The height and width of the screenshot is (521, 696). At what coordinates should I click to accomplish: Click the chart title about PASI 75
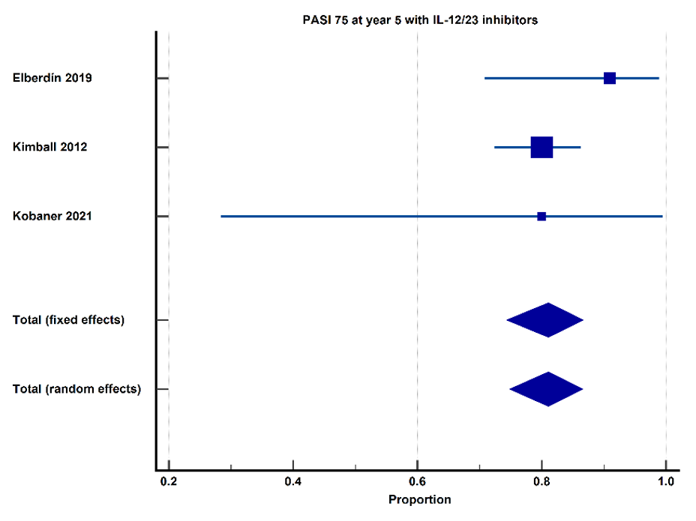click(420, 20)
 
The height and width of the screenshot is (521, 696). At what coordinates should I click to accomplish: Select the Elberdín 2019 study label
click(52, 78)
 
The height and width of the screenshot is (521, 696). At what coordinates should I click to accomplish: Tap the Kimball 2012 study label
click(49, 147)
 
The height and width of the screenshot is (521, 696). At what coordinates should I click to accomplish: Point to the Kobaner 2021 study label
click(52, 216)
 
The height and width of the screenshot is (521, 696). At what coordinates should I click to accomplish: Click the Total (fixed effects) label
click(68, 320)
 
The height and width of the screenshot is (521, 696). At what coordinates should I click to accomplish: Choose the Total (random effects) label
click(76, 389)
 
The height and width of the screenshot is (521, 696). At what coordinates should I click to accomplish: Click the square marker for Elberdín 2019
click(610, 78)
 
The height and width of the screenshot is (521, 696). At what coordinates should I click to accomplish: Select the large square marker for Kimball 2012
click(541, 148)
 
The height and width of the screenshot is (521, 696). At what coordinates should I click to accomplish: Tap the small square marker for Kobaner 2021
click(541, 217)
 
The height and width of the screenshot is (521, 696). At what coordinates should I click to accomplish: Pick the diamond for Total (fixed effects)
click(545, 320)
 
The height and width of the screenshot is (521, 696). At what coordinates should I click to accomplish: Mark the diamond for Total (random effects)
click(547, 389)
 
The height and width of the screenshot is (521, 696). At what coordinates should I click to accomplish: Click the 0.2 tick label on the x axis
click(169, 481)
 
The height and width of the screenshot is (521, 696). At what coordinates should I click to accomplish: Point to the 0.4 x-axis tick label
click(293, 481)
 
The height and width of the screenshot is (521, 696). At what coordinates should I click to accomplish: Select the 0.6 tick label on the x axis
click(417, 481)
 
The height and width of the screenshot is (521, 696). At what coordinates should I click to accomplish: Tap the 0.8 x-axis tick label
click(541, 481)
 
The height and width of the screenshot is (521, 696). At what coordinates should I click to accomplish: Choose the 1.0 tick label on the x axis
click(666, 481)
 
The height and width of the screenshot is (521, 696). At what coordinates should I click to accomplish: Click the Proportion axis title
click(419, 500)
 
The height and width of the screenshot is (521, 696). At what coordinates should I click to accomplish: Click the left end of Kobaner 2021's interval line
click(221, 217)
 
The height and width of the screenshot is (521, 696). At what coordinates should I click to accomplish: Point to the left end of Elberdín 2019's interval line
click(484, 78)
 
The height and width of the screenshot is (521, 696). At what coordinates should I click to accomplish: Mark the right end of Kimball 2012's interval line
click(580, 148)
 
